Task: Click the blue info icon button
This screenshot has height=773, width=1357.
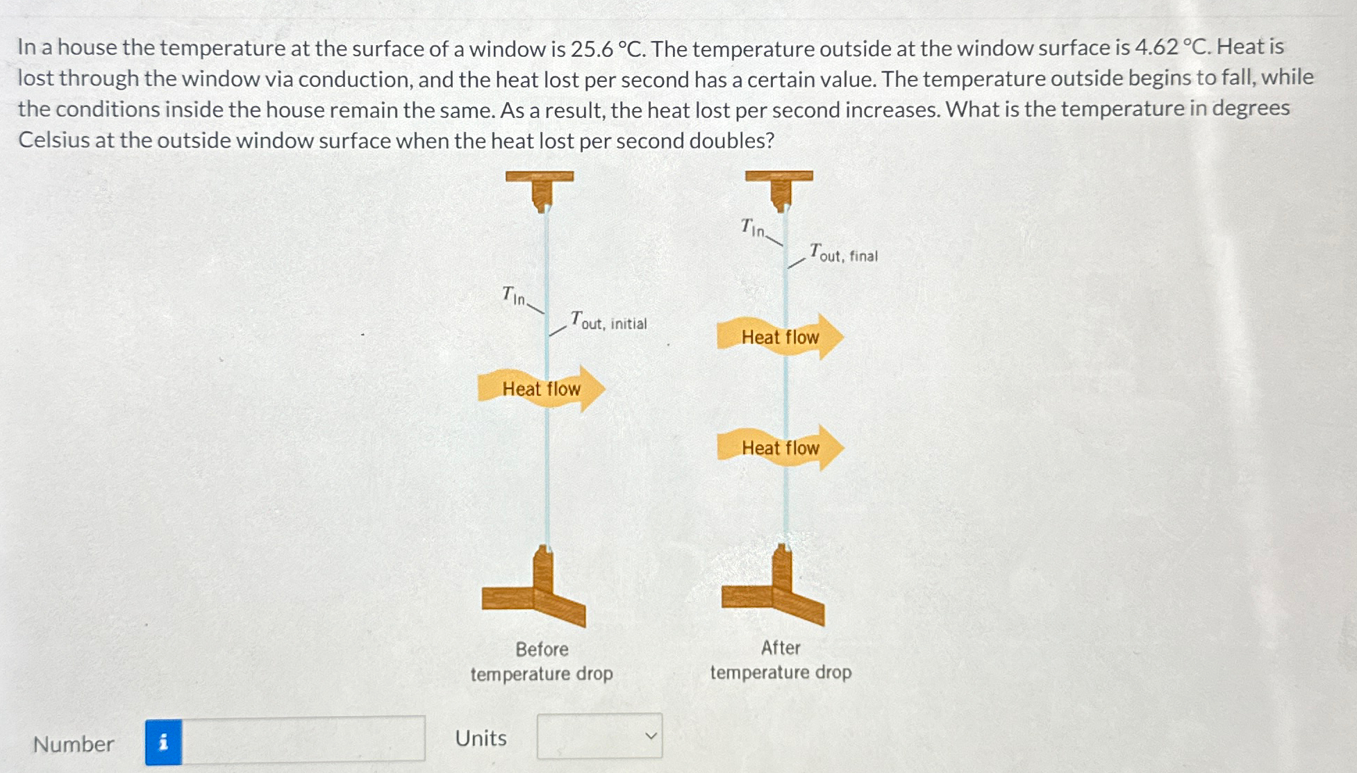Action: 163,742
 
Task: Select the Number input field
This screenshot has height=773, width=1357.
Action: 303,740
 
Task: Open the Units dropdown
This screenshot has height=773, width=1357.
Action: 599,736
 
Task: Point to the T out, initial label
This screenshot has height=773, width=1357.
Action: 608,322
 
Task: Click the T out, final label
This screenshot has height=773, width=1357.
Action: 844,253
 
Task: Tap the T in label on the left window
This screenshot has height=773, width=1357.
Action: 514,297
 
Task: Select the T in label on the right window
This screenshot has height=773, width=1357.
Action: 753,228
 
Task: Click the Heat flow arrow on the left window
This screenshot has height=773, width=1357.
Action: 541,388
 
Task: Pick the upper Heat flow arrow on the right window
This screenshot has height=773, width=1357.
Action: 780,337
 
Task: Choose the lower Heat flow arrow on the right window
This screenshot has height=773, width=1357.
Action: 780,448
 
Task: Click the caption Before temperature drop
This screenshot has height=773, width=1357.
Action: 542,661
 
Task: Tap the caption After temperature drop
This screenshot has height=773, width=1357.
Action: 781,660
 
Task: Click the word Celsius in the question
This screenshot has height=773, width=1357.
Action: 53,140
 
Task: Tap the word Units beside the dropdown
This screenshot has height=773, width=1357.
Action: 481,738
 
